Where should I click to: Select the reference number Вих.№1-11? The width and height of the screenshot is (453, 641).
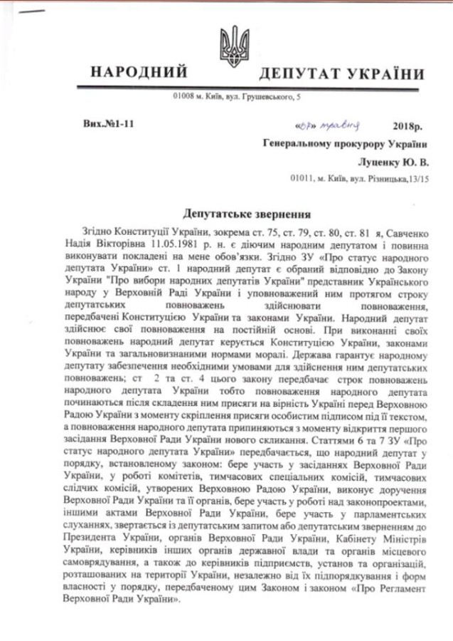pos(108,125)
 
